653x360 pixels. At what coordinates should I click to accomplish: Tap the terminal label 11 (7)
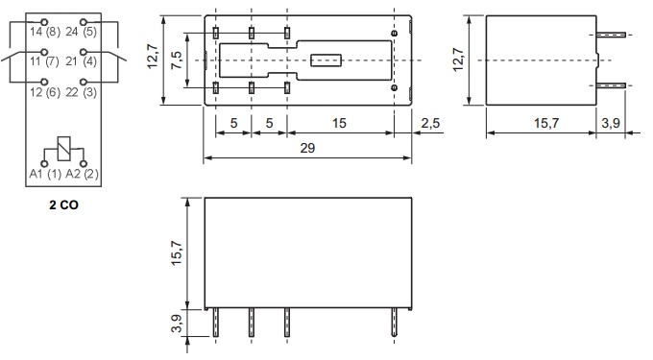click(x=43, y=61)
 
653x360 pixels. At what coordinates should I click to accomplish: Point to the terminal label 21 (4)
click(x=81, y=61)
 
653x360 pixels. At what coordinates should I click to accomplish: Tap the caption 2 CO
click(x=62, y=205)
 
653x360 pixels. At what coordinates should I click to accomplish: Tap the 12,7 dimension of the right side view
click(x=458, y=59)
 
